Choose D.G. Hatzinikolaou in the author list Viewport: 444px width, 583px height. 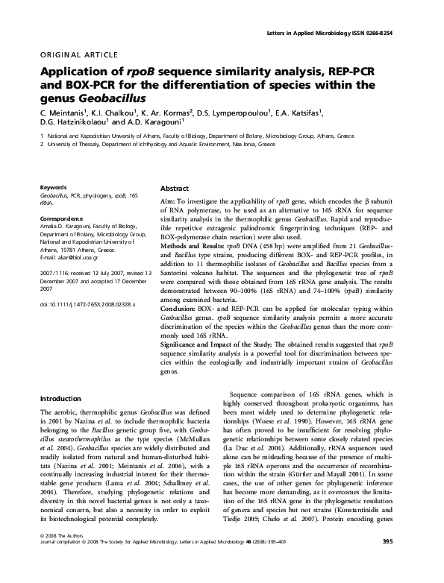pyautogui.click(x=74, y=122)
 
